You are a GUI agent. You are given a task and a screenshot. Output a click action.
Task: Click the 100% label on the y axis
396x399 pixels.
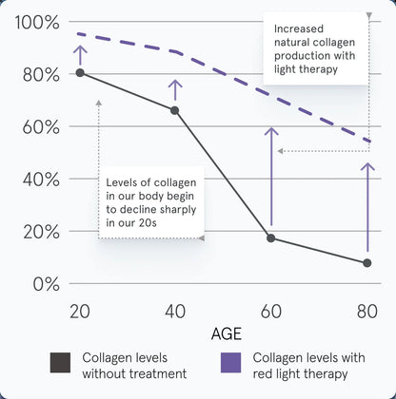(x=37, y=23)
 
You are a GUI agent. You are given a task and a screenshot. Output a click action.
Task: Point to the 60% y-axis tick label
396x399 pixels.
(x=41, y=127)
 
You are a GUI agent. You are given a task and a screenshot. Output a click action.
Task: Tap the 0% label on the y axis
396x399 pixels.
(x=47, y=284)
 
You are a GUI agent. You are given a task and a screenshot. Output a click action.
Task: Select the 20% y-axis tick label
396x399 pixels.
(x=41, y=232)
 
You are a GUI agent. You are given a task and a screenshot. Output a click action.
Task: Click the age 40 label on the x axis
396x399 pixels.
(x=175, y=312)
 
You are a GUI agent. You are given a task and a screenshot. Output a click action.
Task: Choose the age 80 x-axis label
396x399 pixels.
(x=367, y=312)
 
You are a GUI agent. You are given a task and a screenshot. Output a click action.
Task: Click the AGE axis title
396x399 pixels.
(x=227, y=333)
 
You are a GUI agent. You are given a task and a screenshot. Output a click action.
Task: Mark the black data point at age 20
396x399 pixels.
(x=80, y=73)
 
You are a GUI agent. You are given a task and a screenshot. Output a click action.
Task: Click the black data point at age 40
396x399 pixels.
(x=174, y=110)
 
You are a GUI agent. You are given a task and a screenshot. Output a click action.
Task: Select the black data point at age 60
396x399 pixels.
(x=271, y=238)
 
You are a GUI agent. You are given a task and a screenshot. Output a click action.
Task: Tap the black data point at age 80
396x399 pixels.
(x=367, y=263)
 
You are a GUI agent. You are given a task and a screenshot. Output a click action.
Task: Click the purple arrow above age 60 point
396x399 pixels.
(x=271, y=176)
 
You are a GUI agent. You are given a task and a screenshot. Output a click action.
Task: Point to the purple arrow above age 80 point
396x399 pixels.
(x=367, y=207)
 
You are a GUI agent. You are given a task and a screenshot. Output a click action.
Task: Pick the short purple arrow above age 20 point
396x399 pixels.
(x=80, y=55)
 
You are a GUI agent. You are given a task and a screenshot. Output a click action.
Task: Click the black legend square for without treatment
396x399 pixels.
(x=60, y=363)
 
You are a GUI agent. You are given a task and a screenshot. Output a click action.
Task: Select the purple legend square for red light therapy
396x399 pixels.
(x=230, y=363)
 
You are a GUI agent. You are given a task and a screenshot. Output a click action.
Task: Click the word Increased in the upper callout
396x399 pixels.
(x=299, y=28)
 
